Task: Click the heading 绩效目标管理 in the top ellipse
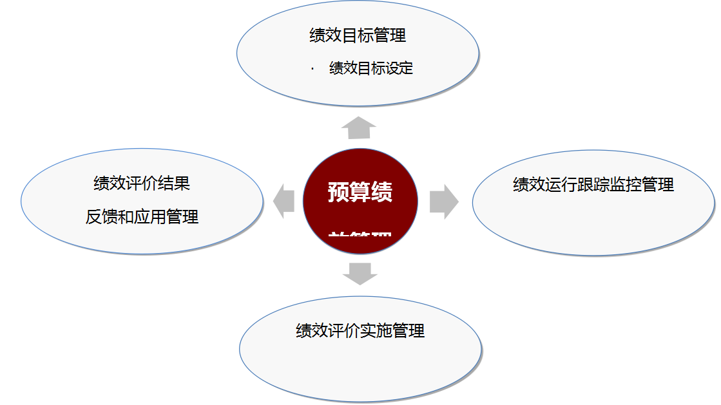pyautogui.click(x=358, y=35)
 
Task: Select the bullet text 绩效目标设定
pyautogui.click(x=371, y=68)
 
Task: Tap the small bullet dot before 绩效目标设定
pyautogui.click(x=312, y=68)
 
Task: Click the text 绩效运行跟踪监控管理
pyautogui.click(x=593, y=185)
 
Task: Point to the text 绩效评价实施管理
pyautogui.click(x=360, y=331)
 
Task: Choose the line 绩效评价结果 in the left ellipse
pyautogui.click(x=142, y=184)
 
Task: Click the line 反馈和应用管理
pyautogui.click(x=142, y=217)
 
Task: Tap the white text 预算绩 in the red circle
pyautogui.click(x=360, y=192)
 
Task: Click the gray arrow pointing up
pyautogui.click(x=359, y=128)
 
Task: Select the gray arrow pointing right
pyautogui.click(x=444, y=202)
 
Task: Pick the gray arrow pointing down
pyautogui.click(x=360, y=273)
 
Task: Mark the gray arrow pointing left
pyautogui.click(x=284, y=201)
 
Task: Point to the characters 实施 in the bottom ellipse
pyautogui.click(x=376, y=331)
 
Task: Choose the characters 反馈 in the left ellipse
pyautogui.click(x=102, y=217)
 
